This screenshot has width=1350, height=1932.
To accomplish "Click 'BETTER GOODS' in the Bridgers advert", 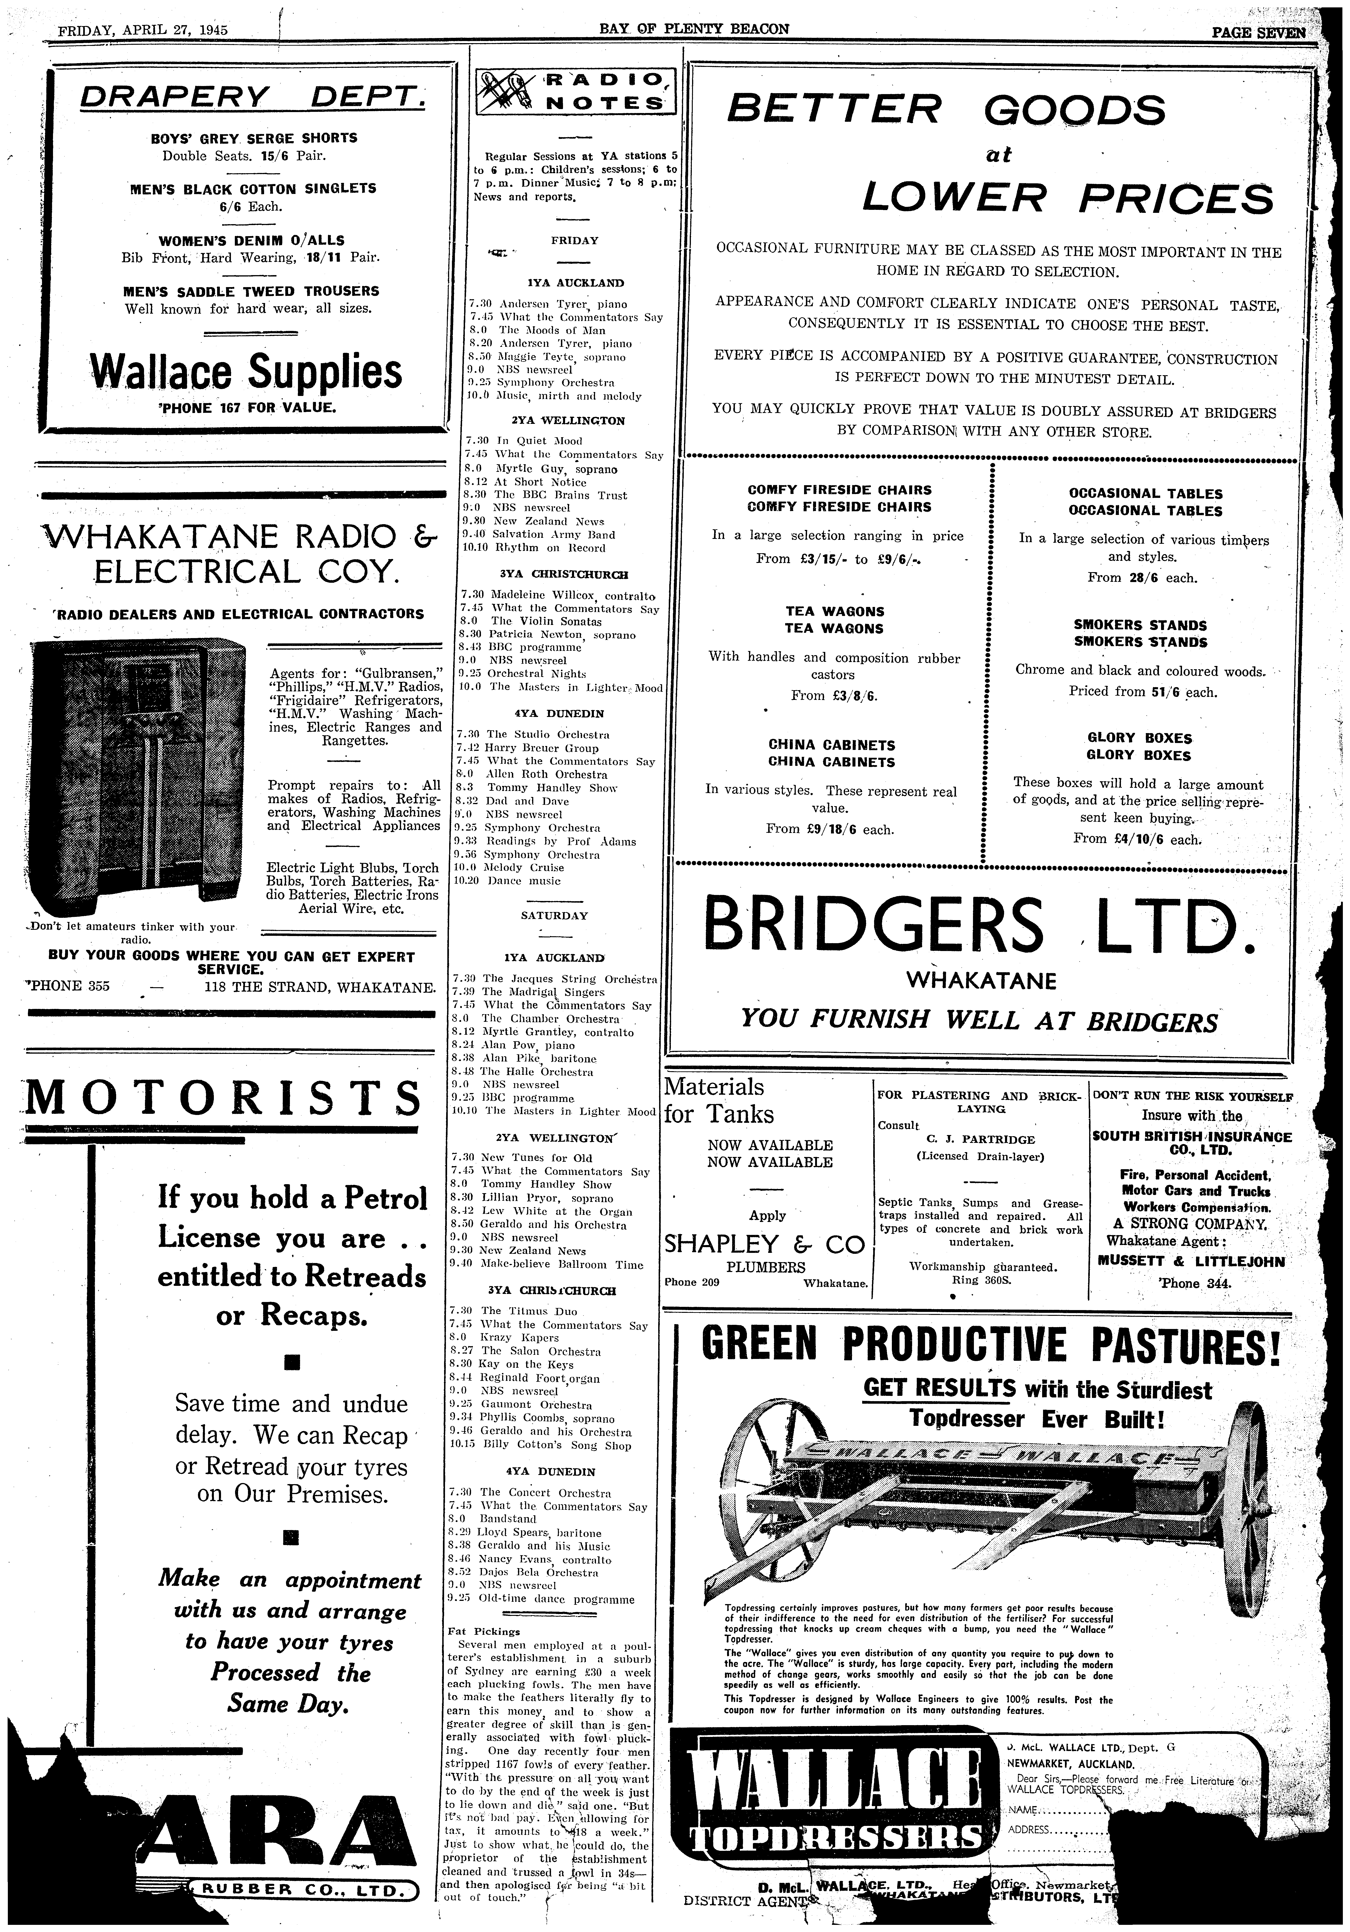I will click(946, 109).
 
